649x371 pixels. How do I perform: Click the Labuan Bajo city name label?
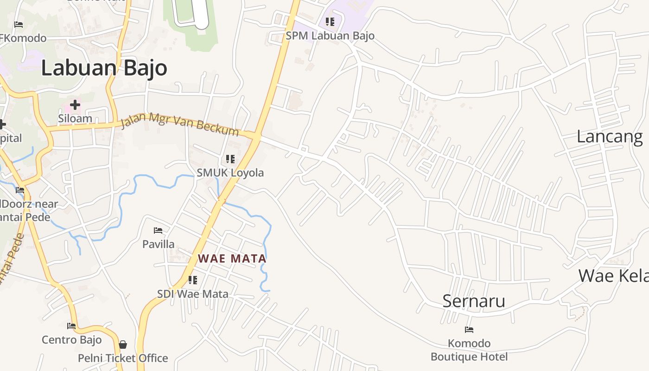[x=104, y=68]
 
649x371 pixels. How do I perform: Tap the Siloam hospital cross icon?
[x=75, y=105]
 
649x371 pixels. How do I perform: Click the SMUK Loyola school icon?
[x=230, y=159]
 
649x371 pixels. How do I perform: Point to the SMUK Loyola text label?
[x=230, y=173]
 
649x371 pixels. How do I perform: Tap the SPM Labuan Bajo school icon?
[x=330, y=21]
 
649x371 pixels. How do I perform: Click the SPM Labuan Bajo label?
[x=330, y=36]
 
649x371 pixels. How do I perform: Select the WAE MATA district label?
[x=232, y=259]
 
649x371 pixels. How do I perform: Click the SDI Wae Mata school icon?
[x=193, y=280]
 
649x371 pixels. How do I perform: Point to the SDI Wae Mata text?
[x=193, y=294]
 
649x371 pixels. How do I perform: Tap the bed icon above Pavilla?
[x=158, y=230]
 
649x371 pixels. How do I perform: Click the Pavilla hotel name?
[x=159, y=244]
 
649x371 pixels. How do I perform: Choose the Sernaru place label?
[x=473, y=301]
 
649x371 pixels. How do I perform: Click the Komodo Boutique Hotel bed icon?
[x=469, y=330]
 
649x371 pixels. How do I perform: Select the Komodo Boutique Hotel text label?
[x=469, y=350]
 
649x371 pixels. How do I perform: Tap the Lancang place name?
[x=610, y=137]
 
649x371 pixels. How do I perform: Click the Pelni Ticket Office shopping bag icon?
[x=123, y=345]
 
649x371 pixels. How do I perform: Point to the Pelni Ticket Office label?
[x=123, y=358]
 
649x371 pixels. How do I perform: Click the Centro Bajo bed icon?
[x=71, y=326]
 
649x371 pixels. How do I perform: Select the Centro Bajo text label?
[x=72, y=340]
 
